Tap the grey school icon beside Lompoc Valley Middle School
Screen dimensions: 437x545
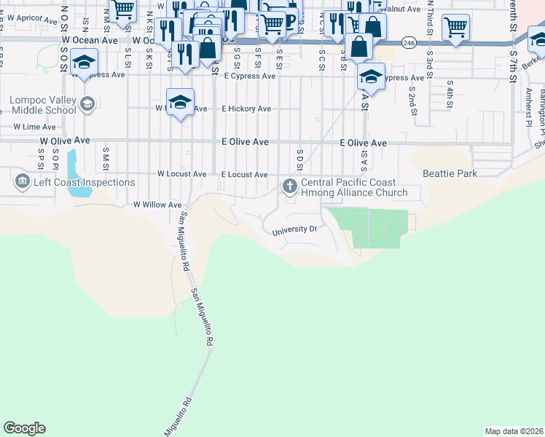point(88,103)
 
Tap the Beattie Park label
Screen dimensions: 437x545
point(450,174)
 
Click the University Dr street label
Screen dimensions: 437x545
point(294,230)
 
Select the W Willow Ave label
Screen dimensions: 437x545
point(157,205)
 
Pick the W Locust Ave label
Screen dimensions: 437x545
point(181,175)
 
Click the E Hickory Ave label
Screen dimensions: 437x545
point(246,109)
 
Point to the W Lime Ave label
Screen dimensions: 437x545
point(34,127)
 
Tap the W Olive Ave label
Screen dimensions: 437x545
point(65,140)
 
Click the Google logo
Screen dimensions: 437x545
point(24,428)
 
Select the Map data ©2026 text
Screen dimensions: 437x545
point(514,431)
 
